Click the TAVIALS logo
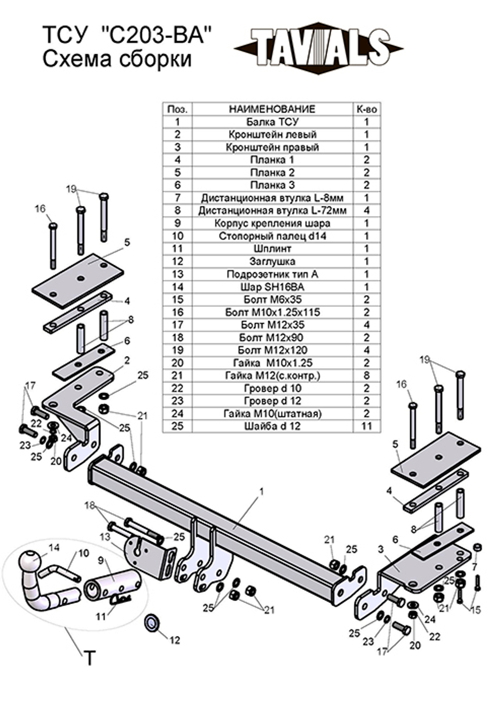coord(318,48)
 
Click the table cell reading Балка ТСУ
coord(272,122)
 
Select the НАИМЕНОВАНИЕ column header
coord(272,109)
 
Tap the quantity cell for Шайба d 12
coord(366,426)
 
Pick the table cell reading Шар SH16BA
coord(272,287)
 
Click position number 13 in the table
coord(177,274)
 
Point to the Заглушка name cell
coord(272,261)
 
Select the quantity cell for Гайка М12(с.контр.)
coord(366,375)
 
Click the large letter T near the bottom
coord(89,658)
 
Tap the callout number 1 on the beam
coord(262,492)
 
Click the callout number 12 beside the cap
coord(174,640)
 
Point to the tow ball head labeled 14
coord(32,561)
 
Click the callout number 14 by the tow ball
coord(54,547)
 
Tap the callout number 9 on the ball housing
coord(101,560)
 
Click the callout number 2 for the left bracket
coord(127,360)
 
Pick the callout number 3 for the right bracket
coord(381,549)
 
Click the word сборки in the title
coord(156,59)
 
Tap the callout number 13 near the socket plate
coord(104,537)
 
